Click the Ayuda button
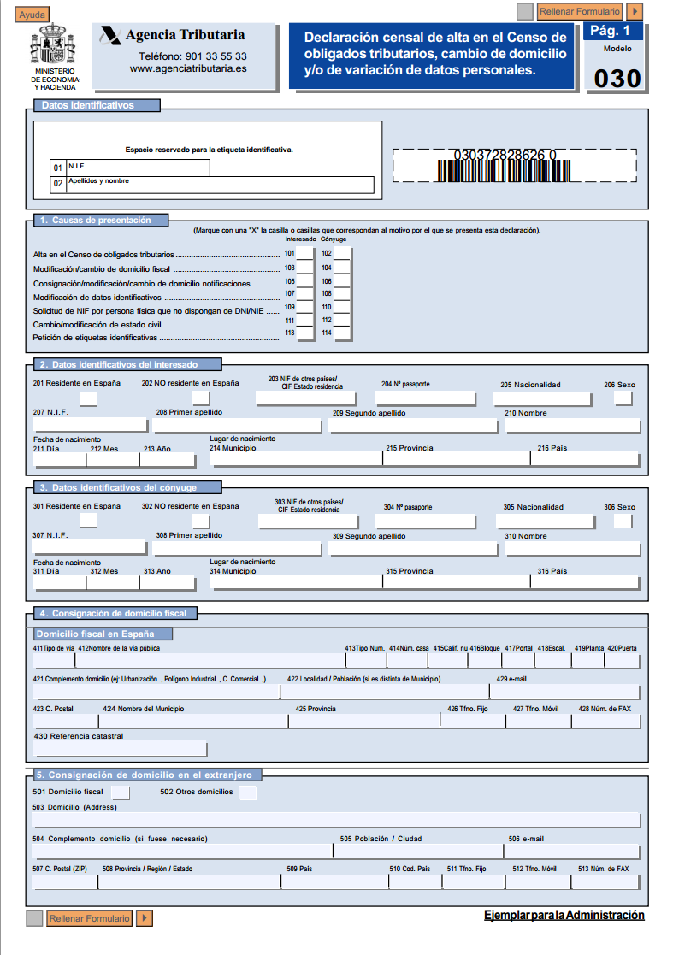click(x=32, y=15)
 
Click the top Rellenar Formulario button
click(x=581, y=12)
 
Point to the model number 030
click(x=617, y=79)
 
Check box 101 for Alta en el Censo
click(x=304, y=254)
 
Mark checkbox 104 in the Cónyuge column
click(x=342, y=268)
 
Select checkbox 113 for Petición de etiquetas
click(x=304, y=333)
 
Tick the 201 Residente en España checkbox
click(x=88, y=398)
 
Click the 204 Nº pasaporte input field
click(x=425, y=398)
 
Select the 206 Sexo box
click(x=623, y=398)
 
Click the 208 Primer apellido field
click(x=239, y=426)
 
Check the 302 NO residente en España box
click(x=201, y=521)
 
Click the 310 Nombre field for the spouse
click(x=572, y=548)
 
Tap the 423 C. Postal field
click(x=66, y=721)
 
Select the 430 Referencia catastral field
click(x=120, y=749)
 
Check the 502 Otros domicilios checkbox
click(x=247, y=793)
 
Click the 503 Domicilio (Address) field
click(x=336, y=820)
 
